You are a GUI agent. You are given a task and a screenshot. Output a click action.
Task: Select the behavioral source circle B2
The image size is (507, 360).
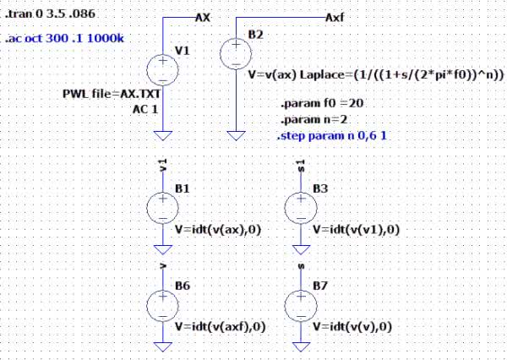[235, 53]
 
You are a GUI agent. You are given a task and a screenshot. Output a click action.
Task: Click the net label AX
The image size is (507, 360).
[203, 17]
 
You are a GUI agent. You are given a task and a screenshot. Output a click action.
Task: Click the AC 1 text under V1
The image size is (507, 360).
[145, 108]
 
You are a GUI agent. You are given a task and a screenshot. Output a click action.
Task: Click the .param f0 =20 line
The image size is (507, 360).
[314, 104]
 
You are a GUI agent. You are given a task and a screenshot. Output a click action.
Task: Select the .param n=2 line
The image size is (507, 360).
[305, 119]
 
